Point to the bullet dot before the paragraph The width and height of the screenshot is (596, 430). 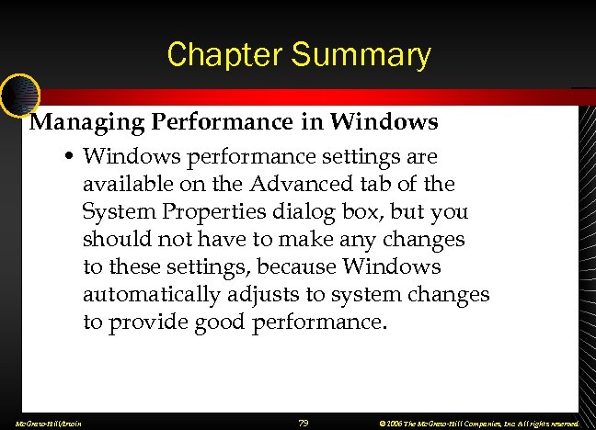[x=70, y=157]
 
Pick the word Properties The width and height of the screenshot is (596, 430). [x=209, y=211]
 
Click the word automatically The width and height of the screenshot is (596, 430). [x=151, y=295]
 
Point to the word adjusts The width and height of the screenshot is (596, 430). [x=266, y=295]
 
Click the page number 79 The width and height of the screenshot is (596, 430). [x=304, y=423]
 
